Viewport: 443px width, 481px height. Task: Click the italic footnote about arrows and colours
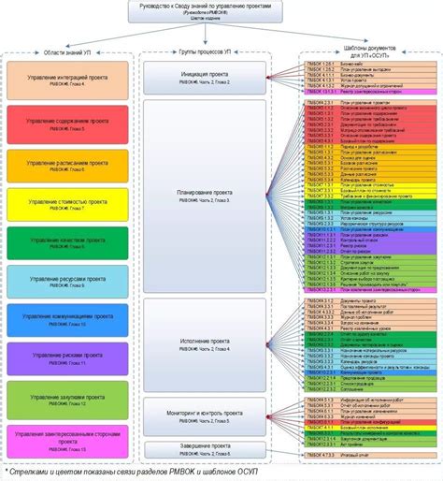(x=159, y=470)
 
